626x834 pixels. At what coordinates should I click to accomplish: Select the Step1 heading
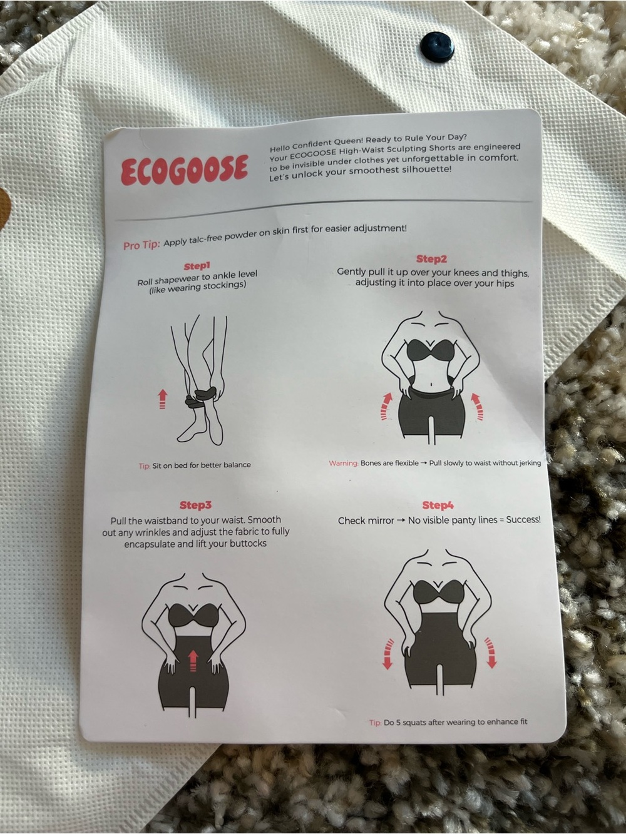(x=197, y=265)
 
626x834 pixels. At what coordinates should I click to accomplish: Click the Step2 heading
(x=431, y=259)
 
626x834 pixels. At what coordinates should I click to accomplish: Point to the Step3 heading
(x=195, y=505)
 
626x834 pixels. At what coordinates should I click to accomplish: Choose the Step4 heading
(x=438, y=506)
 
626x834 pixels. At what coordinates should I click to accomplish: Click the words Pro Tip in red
(x=141, y=245)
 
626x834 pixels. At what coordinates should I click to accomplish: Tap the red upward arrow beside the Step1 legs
(x=162, y=399)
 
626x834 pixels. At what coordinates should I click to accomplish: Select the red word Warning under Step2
(x=344, y=463)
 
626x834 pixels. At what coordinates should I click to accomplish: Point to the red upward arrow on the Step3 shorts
(x=193, y=660)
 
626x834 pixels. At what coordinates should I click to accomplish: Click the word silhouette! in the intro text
(x=426, y=170)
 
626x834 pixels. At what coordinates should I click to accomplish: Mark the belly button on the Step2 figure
(x=432, y=384)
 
